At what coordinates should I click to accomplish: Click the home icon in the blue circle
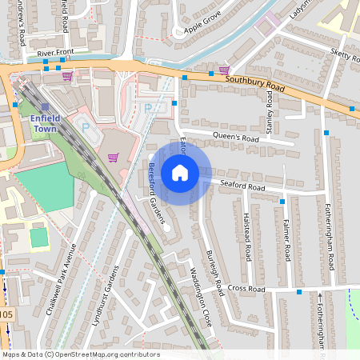(180, 172)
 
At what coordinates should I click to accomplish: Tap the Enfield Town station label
(46, 123)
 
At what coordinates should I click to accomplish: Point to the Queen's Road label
(232, 138)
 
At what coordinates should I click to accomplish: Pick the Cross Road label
(246, 288)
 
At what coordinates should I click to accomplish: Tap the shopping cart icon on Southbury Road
(224, 70)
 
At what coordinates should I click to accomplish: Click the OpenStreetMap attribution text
(80, 354)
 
